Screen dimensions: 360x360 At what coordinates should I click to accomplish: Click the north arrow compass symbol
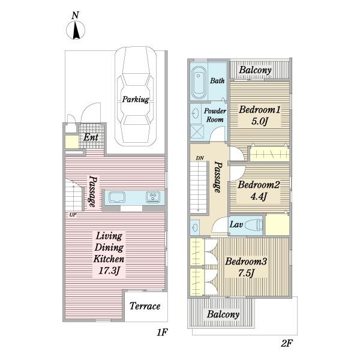[x=76, y=30]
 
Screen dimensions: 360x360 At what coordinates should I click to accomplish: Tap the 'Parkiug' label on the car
[x=136, y=100]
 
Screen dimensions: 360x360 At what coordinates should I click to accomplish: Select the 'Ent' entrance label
[x=91, y=137]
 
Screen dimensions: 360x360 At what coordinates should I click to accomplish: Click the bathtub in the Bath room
[x=199, y=82]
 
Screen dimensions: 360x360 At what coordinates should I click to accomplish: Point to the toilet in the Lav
[x=254, y=225]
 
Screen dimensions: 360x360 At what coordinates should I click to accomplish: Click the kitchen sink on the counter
[x=117, y=197]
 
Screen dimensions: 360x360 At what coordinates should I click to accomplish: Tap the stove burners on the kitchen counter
[x=153, y=197]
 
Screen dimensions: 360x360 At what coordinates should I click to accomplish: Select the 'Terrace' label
[x=145, y=306]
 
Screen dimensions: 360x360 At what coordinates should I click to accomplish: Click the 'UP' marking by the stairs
[x=73, y=215]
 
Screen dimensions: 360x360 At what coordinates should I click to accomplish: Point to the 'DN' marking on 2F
[x=200, y=158]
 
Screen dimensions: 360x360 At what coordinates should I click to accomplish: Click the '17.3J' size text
[x=109, y=271]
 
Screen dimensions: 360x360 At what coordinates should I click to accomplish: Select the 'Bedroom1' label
[x=260, y=110]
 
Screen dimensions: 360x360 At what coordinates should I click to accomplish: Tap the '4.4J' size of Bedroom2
[x=259, y=197]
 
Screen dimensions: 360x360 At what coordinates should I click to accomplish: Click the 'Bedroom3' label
[x=246, y=261]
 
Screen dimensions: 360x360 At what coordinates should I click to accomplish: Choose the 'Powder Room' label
[x=215, y=115]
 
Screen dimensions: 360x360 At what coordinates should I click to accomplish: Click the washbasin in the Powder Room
[x=196, y=113]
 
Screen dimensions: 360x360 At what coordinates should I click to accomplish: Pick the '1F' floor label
[x=162, y=332]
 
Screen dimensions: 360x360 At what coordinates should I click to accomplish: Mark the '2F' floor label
[x=287, y=343]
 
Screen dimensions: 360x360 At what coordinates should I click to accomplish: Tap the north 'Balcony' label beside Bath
[x=256, y=70]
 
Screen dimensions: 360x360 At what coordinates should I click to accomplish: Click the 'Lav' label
[x=236, y=224]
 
